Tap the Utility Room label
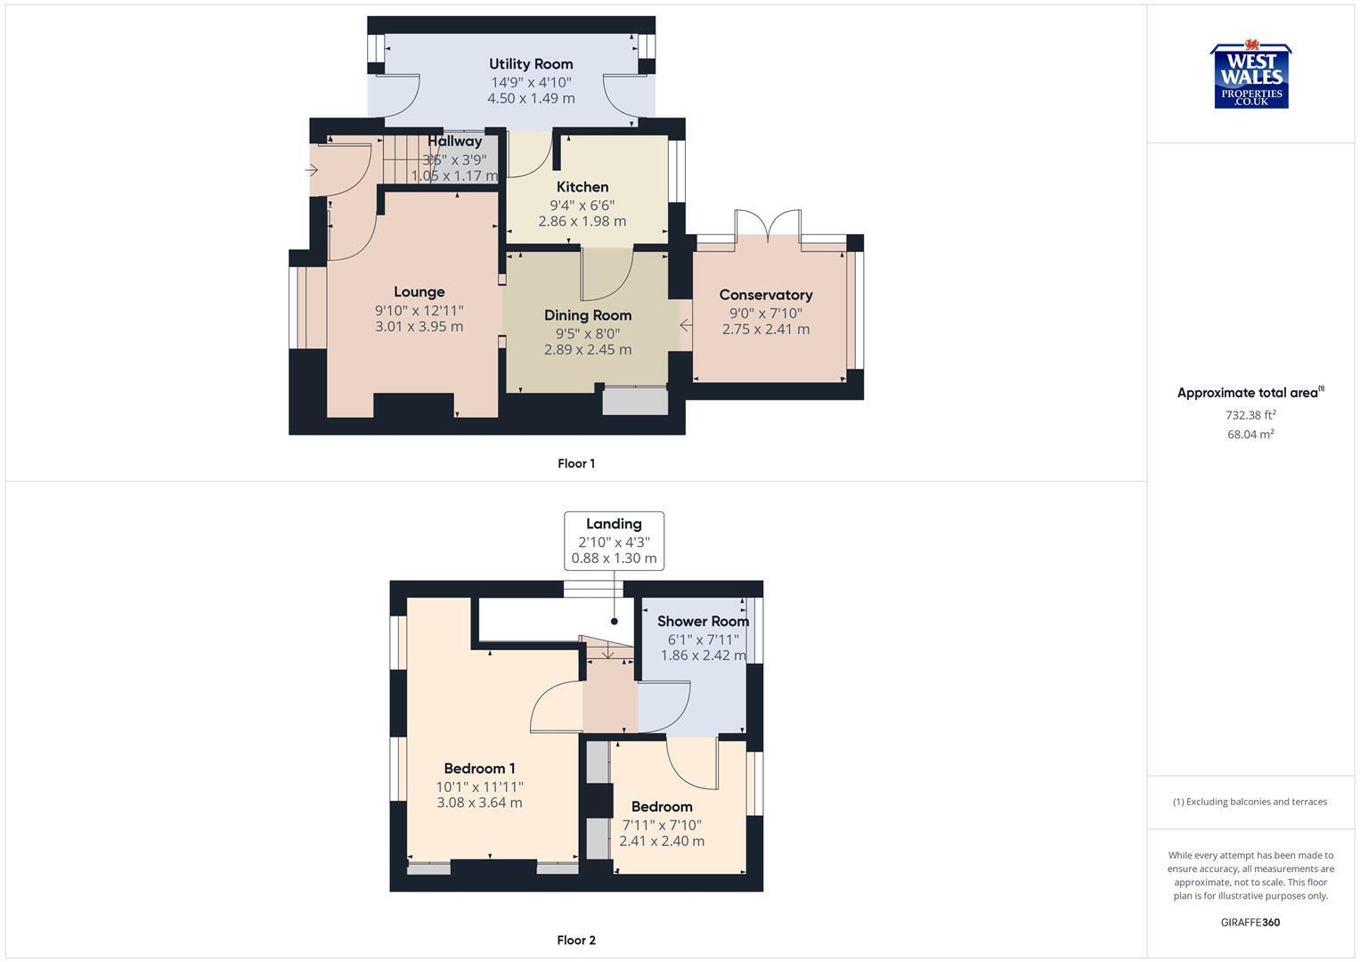531,64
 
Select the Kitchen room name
582,187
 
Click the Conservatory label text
766,295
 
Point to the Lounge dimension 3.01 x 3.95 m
419,327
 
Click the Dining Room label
588,315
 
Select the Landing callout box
614,541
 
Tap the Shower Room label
703,622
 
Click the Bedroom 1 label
479,769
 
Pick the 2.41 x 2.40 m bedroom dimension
662,842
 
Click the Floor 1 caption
576,463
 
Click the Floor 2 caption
576,941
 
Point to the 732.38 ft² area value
1250,415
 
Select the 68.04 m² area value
1250,435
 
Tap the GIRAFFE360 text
1250,923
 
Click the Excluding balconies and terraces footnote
1250,802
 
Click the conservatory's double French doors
769,223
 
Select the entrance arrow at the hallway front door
312,169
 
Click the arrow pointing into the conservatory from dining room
686,326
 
